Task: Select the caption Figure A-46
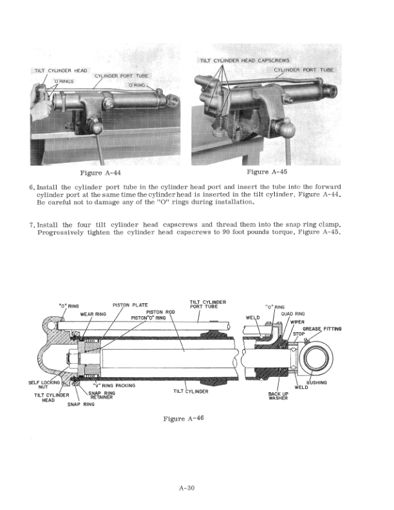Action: tap(183, 419)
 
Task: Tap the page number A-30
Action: tap(187, 487)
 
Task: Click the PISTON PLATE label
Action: tap(130, 305)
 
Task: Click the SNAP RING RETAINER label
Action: tap(102, 395)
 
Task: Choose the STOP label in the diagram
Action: tap(298, 334)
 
